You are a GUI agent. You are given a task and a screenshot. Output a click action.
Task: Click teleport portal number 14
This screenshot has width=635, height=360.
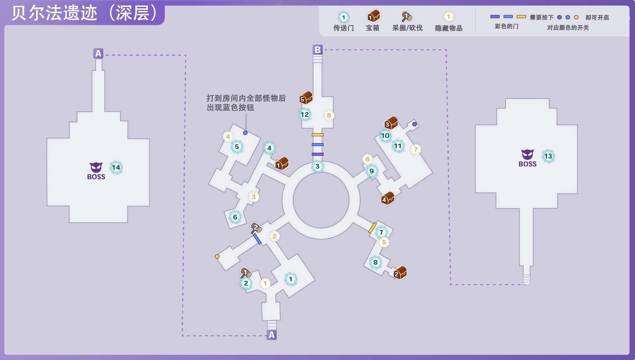116,168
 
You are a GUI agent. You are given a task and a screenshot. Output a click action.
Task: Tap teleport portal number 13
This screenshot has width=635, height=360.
548,156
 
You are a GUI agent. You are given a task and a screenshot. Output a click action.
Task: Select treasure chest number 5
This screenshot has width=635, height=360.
306,97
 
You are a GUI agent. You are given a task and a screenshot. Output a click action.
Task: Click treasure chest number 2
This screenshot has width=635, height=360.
400,272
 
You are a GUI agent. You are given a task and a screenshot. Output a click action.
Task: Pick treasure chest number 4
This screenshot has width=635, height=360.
388,198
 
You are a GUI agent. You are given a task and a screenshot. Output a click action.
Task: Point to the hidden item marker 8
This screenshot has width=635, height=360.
329,115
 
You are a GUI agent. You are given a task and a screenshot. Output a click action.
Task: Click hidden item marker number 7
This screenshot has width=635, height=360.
415,149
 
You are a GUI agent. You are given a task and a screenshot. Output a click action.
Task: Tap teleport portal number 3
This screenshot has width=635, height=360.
317,166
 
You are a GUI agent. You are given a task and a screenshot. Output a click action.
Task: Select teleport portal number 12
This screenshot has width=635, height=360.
304,115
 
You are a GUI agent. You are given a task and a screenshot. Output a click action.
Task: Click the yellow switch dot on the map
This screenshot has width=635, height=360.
217,257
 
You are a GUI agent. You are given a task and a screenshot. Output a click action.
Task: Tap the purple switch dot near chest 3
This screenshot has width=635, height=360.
415,124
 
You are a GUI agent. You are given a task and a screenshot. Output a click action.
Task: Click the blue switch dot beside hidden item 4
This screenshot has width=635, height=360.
245,133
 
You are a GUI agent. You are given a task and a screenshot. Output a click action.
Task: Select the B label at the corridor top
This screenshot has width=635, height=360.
317,50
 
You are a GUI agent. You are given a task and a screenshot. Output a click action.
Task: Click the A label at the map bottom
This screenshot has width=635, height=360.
272,335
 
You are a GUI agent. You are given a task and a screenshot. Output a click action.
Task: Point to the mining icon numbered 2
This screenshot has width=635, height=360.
255,228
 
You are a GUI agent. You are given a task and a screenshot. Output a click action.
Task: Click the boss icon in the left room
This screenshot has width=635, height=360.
96,171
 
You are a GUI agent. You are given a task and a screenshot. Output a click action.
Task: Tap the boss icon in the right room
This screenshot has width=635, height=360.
527,158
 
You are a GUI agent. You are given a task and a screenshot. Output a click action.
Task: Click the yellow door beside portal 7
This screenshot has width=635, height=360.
372,228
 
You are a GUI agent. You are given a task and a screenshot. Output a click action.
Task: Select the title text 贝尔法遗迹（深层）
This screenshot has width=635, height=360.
84,13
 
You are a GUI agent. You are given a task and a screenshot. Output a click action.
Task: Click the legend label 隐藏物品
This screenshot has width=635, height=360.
449,28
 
